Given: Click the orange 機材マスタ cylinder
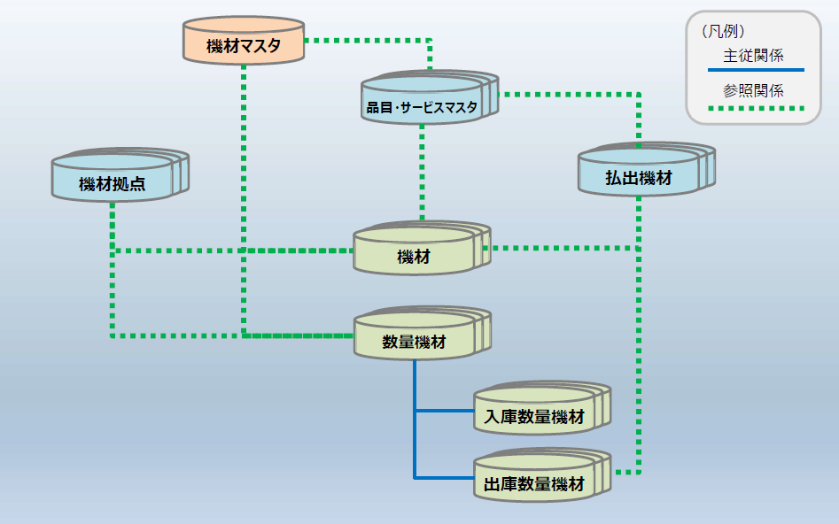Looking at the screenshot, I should point(243,44).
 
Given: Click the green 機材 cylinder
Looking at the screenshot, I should point(414,257).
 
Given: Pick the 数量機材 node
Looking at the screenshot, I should point(414,341).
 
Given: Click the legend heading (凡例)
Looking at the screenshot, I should point(722,32).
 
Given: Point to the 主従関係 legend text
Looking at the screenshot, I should point(753,55).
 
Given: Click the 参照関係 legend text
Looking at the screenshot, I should point(753,90).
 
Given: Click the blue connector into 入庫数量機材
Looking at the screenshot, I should point(444,411).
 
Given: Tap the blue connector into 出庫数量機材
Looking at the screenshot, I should point(444,478).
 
